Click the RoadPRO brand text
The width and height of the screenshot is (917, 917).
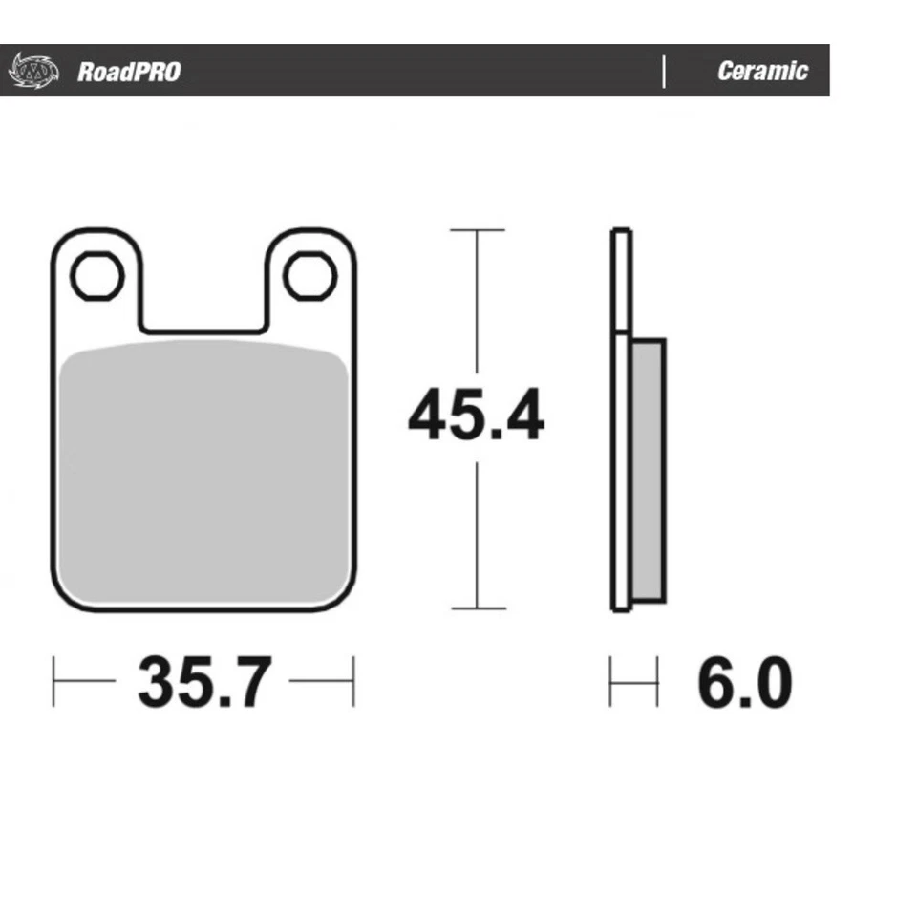click(129, 72)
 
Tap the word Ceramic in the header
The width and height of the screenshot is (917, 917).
click(762, 72)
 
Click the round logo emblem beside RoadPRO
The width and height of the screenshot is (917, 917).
click(33, 71)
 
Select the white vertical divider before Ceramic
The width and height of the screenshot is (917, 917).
click(664, 72)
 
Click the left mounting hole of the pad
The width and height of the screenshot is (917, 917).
click(96, 277)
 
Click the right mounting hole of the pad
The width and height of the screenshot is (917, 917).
click(309, 277)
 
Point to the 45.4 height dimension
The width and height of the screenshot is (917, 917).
click(476, 417)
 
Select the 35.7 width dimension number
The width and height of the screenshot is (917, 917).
click(204, 682)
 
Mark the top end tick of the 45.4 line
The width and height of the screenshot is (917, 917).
click(477, 230)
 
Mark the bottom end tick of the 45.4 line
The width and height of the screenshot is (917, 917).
click(477, 608)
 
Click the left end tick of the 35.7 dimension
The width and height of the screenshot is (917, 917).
click(53, 681)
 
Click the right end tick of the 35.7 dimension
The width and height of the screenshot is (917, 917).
click(353, 681)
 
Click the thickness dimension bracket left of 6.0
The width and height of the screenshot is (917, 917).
click(633, 682)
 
